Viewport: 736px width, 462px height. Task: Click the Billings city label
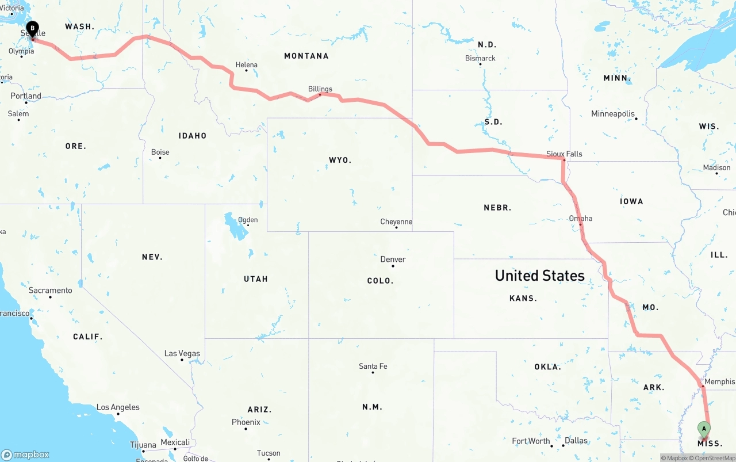click(x=320, y=89)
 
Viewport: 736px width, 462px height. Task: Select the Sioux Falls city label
click(x=564, y=154)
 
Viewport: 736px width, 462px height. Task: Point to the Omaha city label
click(x=580, y=218)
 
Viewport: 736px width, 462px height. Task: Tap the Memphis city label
click(x=719, y=381)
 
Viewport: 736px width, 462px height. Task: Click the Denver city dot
click(x=393, y=266)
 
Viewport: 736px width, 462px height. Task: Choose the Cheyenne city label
click(x=396, y=222)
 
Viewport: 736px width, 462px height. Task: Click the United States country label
click(x=539, y=276)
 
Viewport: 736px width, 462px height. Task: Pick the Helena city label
click(x=246, y=65)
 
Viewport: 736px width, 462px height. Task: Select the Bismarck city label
click(x=480, y=58)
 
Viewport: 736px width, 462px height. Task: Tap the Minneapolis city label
click(x=612, y=114)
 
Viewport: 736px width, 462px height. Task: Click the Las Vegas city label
click(x=182, y=353)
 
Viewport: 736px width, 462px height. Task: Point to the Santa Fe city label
click(x=373, y=366)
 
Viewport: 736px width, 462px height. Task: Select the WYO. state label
click(x=340, y=160)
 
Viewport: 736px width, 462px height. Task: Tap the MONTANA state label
click(x=306, y=56)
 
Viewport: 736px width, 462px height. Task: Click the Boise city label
click(x=160, y=152)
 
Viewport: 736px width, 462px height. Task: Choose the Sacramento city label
click(x=51, y=290)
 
